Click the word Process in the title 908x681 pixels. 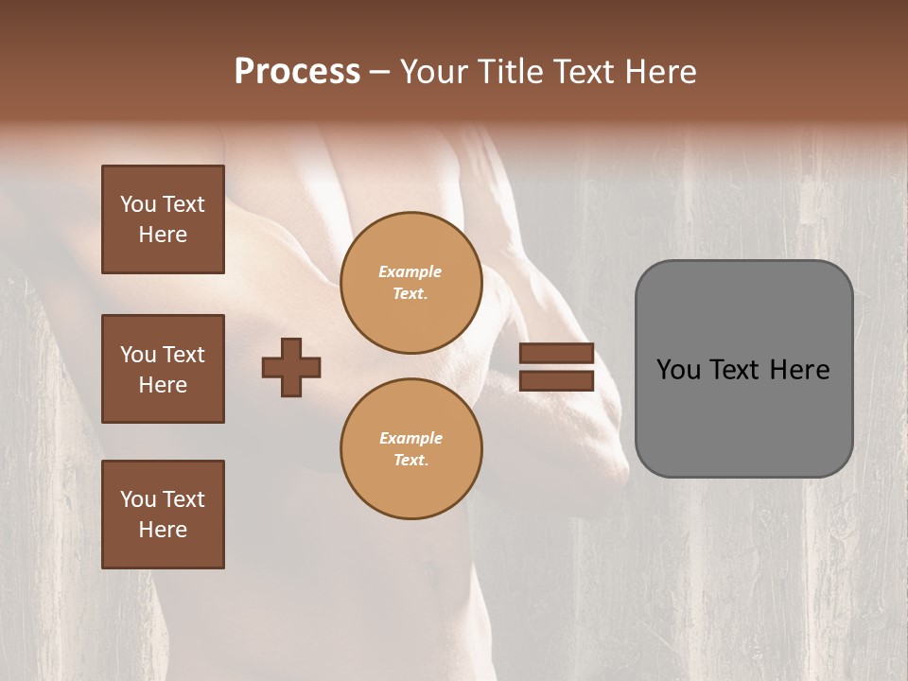(x=297, y=72)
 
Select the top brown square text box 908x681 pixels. (x=163, y=219)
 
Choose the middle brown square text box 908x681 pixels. (x=163, y=369)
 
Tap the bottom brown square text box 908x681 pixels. (x=163, y=515)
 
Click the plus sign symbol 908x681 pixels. (x=291, y=367)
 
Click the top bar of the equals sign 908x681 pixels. (x=556, y=354)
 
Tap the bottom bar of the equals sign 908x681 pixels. (x=556, y=381)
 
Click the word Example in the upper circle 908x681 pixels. (x=410, y=272)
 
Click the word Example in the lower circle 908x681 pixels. (x=410, y=439)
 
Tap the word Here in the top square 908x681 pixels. (x=163, y=235)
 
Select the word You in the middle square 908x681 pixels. (x=137, y=355)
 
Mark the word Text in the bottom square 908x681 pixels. (x=183, y=499)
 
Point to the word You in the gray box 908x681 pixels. (x=678, y=370)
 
